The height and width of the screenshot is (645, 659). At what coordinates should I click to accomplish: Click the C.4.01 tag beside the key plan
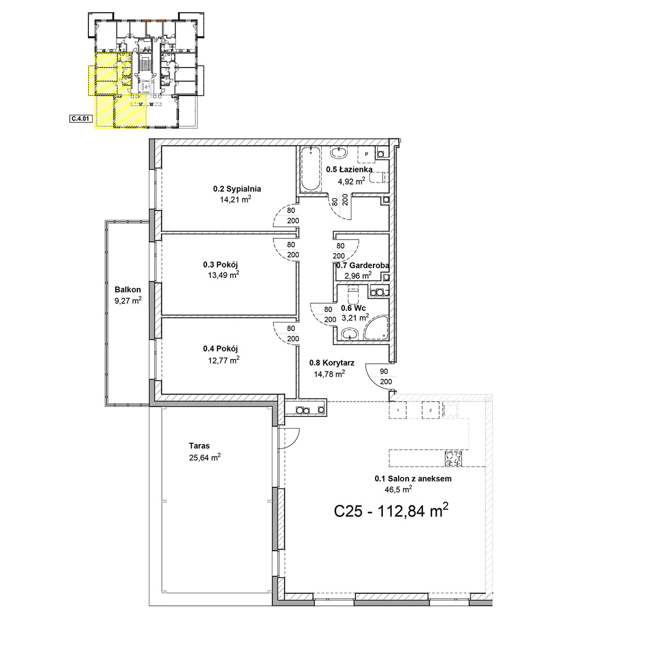pyautogui.click(x=81, y=119)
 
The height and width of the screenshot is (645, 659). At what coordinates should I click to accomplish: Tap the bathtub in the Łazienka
pyautogui.click(x=310, y=169)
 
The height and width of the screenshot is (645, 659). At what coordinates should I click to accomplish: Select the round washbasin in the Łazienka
pyautogui.click(x=339, y=153)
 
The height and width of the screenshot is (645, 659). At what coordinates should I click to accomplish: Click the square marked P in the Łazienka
pyautogui.click(x=366, y=154)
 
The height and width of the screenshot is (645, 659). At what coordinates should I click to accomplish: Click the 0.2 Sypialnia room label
pyautogui.click(x=237, y=188)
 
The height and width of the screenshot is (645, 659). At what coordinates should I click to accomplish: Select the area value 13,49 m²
pyautogui.click(x=224, y=275)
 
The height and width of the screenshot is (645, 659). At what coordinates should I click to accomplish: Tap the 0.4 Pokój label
pyautogui.click(x=220, y=348)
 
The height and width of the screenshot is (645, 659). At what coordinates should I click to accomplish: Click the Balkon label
pyautogui.click(x=127, y=290)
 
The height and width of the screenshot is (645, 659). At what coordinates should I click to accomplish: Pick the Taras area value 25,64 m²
pyautogui.click(x=205, y=458)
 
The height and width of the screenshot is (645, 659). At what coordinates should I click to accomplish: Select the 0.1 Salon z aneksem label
pyautogui.click(x=413, y=479)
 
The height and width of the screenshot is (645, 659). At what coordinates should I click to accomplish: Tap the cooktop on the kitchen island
pyautogui.click(x=454, y=459)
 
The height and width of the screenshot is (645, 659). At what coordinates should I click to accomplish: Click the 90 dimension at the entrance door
pyautogui.click(x=384, y=371)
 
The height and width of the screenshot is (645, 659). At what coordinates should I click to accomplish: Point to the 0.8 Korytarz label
pyautogui.click(x=332, y=363)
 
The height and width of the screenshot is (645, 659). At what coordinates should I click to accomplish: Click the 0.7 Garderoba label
pyautogui.click(x=362, y=265)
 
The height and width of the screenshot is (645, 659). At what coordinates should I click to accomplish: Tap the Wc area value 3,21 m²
pyautogui.click(x=355, y=318)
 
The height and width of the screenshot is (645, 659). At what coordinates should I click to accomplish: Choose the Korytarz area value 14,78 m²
pyautogui.click(x=329, y=374)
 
